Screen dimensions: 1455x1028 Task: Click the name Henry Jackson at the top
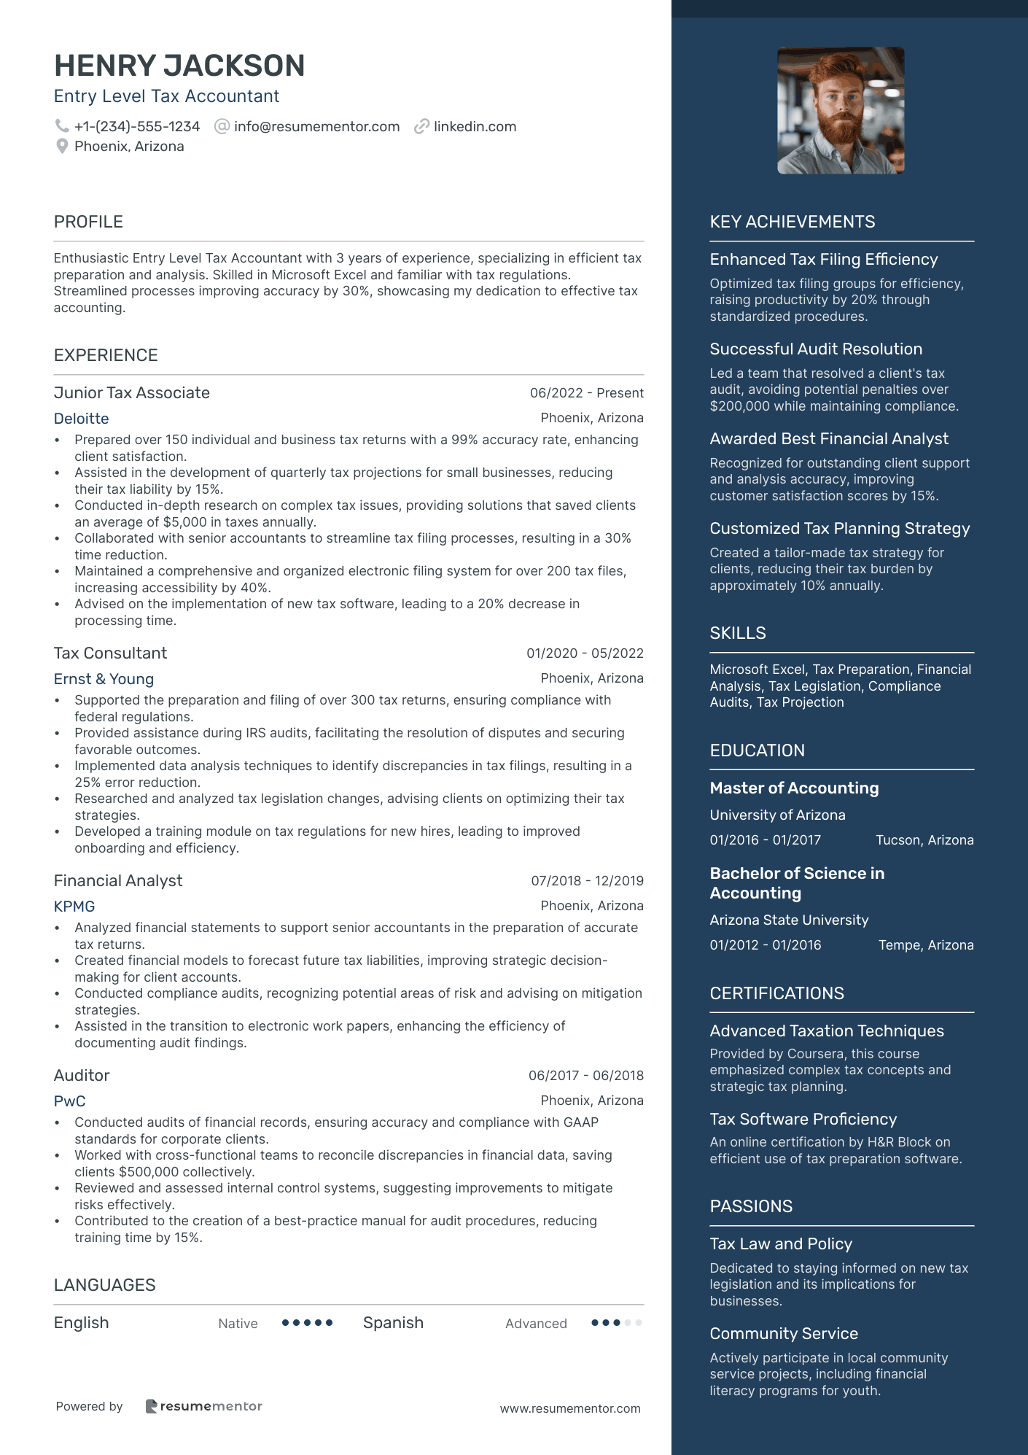pyautogui.click(x=179, y=66)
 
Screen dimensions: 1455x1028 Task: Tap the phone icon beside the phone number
pyautogui.click(x=62, y=126)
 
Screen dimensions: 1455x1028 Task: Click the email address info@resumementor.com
pyautogui.click(x=316, y=126)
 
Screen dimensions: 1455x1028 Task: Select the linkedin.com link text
pyautogui.click(x=475, y=126)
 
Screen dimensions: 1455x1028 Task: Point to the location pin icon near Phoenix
pyautogui.click(x=62, y=146)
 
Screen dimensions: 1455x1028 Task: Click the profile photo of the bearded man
pyautogui.click(x=841, y=111)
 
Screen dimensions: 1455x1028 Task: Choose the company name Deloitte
pyautogui.click(x=82, y=419)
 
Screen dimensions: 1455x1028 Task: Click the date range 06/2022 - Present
pyautogui.click(x=586, y=393)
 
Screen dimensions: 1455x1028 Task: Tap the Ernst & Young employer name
pyautogui.click(x=104, y=679)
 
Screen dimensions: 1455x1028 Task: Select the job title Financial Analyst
pyautogui.click(x=118, y=880)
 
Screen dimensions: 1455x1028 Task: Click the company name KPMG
pyautogui.click(x=74, y=907)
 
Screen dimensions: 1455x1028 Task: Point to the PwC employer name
pyautogui.click(x=70, y=1101)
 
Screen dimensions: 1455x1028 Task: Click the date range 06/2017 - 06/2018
pyautogui.click(x=585, y=1076)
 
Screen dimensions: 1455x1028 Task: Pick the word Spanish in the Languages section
pyautogui.click(x=393, y=1323)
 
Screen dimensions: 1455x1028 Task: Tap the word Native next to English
pyautogui.click(x=238, y=1324)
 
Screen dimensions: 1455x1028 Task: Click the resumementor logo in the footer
pyautogui.click(x=204, y=1406)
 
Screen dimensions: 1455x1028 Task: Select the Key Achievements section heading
pyautogui.click(x=793, y=222)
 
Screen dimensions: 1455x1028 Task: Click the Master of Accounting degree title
pyautogui.click(x=794, y=788)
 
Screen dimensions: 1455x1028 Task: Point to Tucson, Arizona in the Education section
pyautogui.click(x=924, y=840)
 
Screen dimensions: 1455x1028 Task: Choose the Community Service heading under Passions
pyautogui.click(x=784, y=1333)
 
